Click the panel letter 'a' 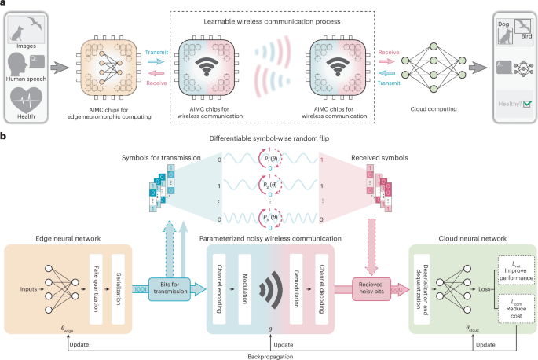[x=4, y=5]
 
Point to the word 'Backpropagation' [x=269, y=354]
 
